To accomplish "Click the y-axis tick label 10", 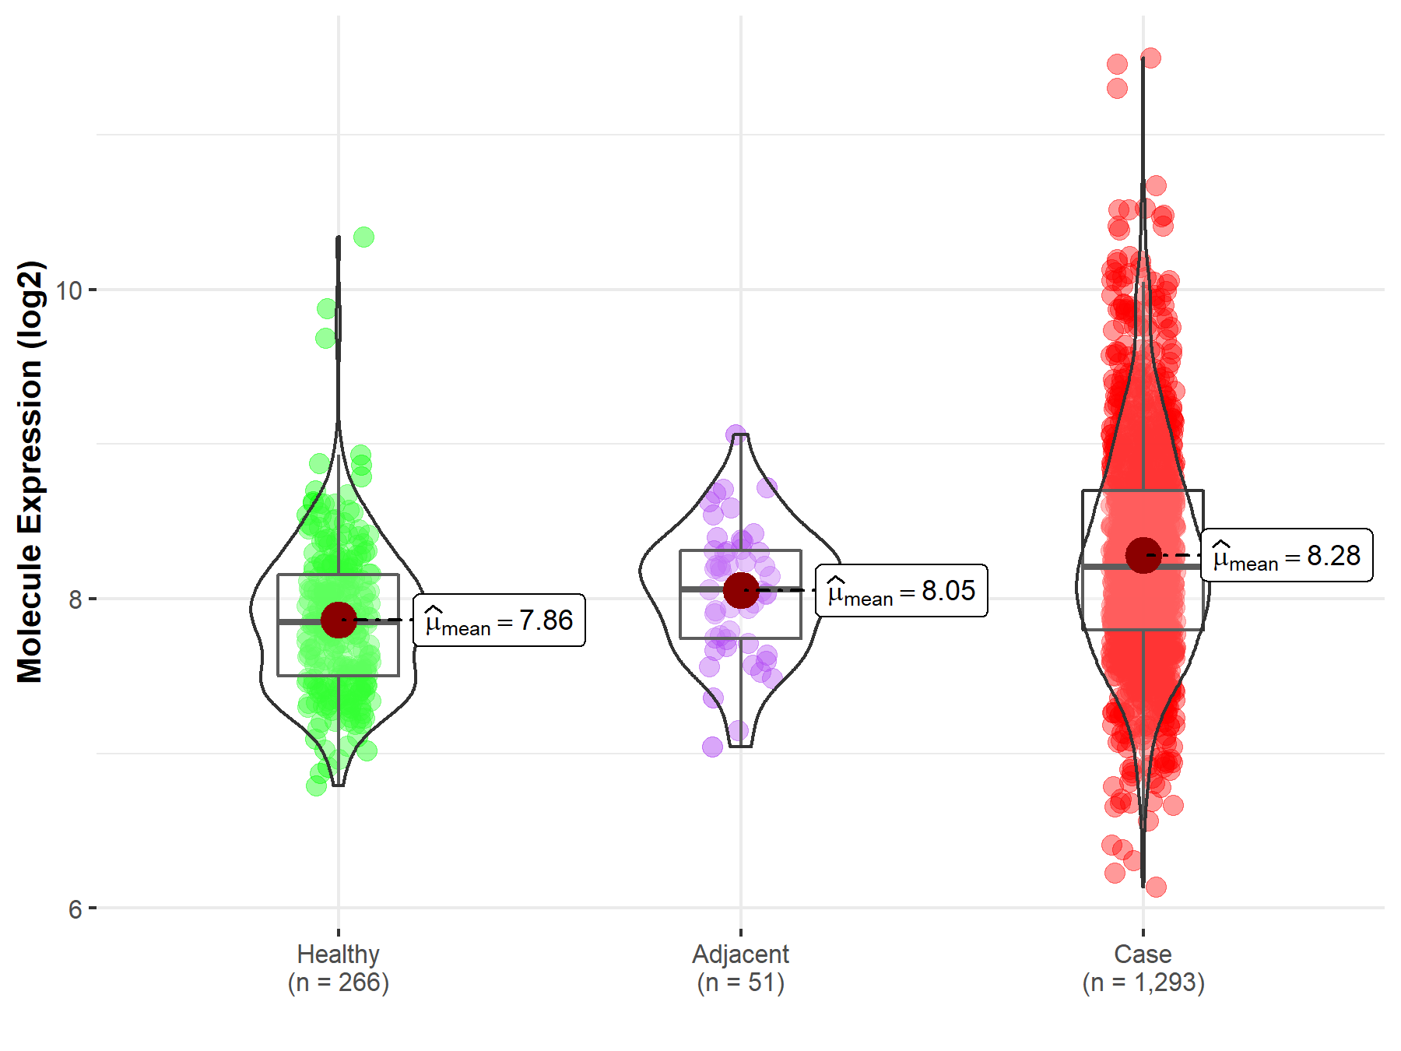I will (x=68, y=291).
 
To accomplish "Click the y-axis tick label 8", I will (x=75, y=599).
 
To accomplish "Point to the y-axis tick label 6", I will (x=75, y=909).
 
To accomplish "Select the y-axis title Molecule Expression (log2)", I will (x=30, y=472).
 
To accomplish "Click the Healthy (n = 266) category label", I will (x=339, y=968).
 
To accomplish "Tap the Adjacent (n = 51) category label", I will (x=740, y=968).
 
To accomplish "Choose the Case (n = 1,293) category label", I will (x=1143, y=968).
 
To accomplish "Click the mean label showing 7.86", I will (x=499, y=620).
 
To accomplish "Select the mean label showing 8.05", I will (x=901, y=591).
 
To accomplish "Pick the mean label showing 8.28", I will (x=1287, y=556).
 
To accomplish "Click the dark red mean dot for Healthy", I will (x=339, y=620).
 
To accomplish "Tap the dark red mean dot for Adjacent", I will (x=740, y=589).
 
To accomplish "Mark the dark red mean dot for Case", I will (x=1143, y=555).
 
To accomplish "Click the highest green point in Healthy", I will (x=363, y=237).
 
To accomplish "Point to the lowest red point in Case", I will (x=1156, y=887).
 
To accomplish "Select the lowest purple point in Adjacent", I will (x=712, y=747).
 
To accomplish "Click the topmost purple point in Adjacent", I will (x=736, y=434).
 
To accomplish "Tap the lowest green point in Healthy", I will (x=316, y=786).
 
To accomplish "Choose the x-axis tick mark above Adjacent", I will (x=740, y=932).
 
